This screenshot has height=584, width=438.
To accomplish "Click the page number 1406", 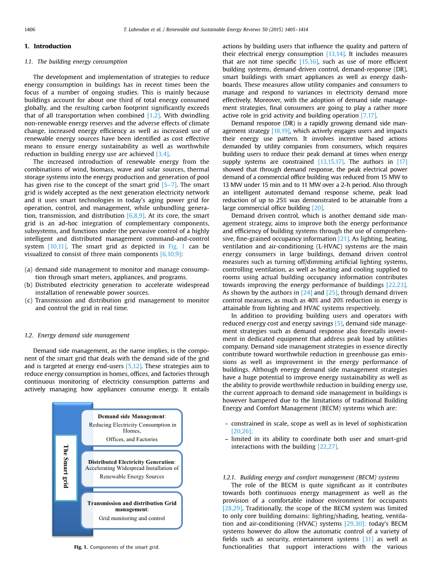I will click(29, 29).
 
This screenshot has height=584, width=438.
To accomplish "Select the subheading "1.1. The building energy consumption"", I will click(76, 62).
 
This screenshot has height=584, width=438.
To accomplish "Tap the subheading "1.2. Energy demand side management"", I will click(77, 336).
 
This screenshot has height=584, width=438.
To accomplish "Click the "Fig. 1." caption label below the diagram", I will click(80, 547).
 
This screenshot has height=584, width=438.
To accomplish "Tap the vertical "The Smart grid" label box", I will click(66, 468).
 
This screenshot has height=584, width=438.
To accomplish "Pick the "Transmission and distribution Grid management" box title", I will click(132, 506).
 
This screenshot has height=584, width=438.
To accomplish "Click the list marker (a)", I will click(28, 270).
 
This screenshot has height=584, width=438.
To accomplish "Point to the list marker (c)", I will click(28, 301).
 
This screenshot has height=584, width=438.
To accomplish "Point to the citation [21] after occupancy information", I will click(343, 239).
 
